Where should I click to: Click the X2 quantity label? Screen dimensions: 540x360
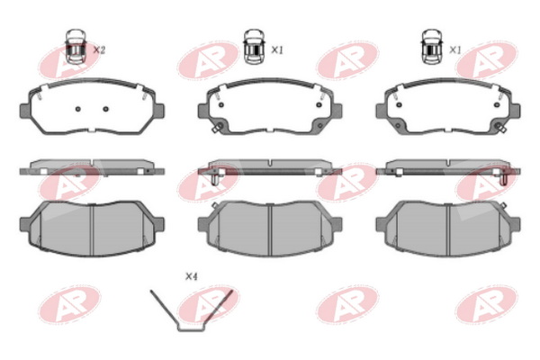point(100,50)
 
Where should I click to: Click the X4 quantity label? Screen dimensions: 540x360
point(192,276)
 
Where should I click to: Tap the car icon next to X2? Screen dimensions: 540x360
point(76,47)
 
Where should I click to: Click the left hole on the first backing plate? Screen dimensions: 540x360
point(77,109)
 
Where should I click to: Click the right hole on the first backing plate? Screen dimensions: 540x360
point(105,109)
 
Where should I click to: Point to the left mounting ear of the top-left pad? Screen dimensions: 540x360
point(25,111)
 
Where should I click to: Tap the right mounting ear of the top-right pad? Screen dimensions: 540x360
point(515,111)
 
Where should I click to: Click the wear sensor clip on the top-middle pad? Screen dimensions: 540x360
point(217,127)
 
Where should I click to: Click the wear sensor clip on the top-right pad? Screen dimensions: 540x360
point(500,127)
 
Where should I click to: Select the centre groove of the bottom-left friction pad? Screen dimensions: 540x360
point(92,230)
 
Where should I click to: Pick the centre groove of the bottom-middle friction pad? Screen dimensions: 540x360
point(270,230)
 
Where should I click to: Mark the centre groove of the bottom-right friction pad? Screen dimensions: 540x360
point(448,230)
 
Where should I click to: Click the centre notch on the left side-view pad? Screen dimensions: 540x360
point(92,162)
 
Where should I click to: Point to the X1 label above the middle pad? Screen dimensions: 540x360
point(277,50)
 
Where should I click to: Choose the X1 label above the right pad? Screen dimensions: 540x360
point(455,50)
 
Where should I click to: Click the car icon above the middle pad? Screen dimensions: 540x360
point(255,47)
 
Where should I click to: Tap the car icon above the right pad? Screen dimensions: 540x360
point(433,47)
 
